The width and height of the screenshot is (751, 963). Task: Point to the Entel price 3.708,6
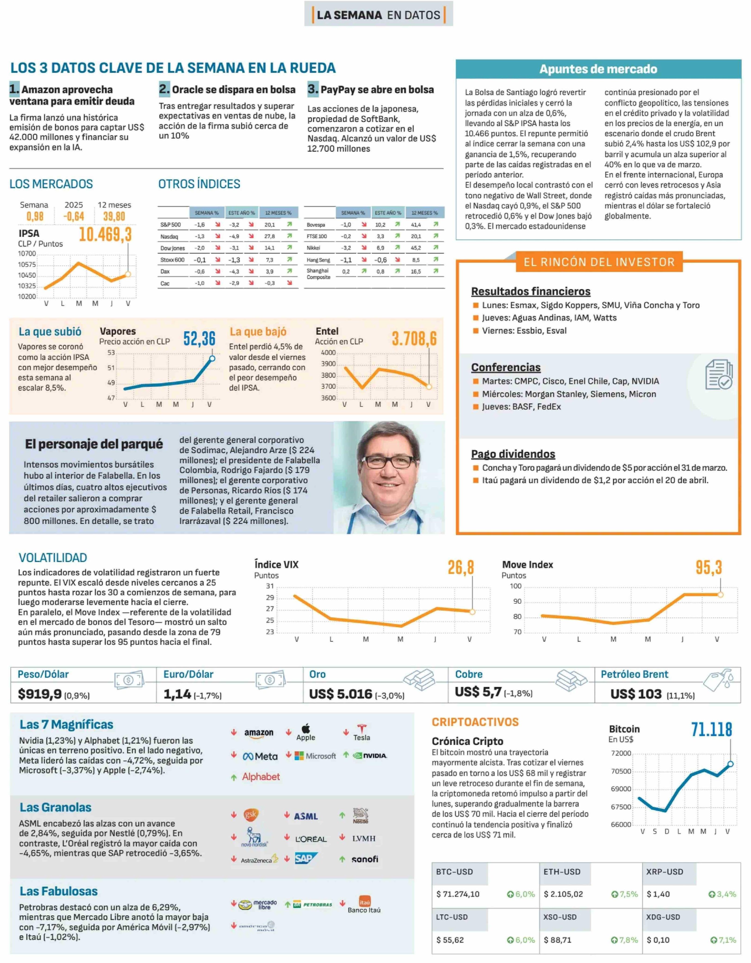pos(414,339)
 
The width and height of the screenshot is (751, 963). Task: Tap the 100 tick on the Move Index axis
pos(515,586)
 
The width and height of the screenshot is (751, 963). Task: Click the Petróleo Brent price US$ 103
pos(636,694)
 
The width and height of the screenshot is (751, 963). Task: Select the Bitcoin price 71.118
pos(711,730)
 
